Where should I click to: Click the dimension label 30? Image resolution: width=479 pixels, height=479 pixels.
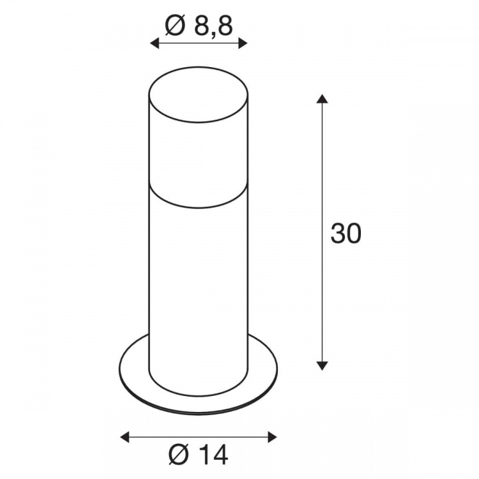tap(346, 234)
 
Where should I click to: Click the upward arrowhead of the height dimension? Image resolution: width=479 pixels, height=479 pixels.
tap(322, 99)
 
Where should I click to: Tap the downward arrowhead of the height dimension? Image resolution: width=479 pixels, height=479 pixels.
tap(322, 366)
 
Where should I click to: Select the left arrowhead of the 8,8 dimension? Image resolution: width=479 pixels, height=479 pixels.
tap(155, 43)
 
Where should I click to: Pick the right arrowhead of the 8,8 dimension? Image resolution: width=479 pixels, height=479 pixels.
tap(243, 43)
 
